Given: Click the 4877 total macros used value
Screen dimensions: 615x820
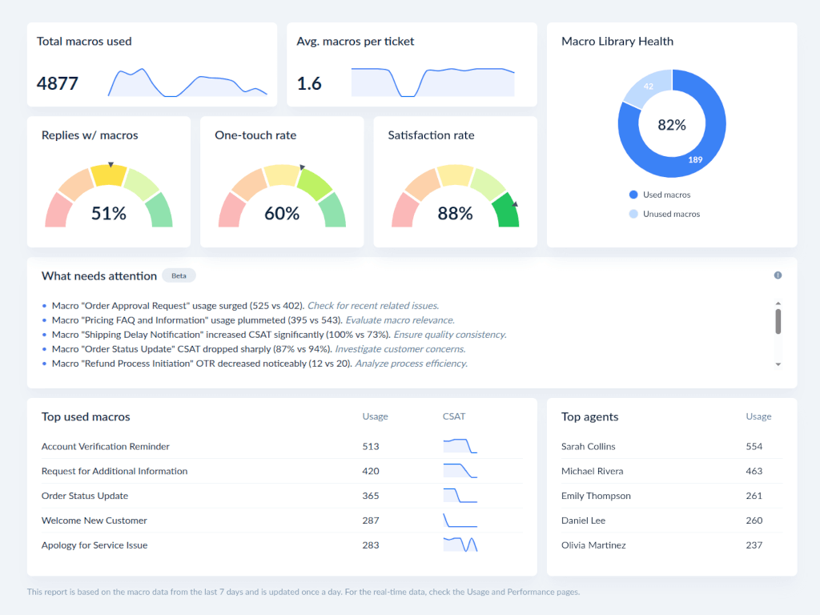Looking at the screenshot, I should [x=58, y=83].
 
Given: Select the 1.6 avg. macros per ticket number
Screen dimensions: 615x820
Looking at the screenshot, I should [x=309, y=83].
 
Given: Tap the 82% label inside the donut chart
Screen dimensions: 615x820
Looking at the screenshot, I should [x=672, y=125].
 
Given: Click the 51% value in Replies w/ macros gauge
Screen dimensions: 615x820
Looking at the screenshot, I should [x=108, y=214].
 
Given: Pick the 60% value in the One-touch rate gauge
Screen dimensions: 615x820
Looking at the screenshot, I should [x=282, y=214].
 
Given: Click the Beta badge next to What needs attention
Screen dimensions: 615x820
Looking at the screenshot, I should [x=179, y=275].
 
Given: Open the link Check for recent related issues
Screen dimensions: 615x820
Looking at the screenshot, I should [x=373, y=305].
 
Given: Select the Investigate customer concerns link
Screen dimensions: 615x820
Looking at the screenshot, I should [x=400, y=349].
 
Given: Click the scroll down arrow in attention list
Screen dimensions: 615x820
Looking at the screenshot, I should [x=778, y=364].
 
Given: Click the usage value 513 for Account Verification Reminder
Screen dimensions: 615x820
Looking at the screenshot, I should [x=371, y=446].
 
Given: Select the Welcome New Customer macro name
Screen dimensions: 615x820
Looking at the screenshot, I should [x=94, y=521].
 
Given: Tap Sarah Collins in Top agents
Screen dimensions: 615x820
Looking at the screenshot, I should [x=588, y=446].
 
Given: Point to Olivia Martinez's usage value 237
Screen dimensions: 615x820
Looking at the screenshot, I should [x=754, y=545].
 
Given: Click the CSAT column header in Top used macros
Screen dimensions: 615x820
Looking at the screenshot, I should [x=453, y=416].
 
